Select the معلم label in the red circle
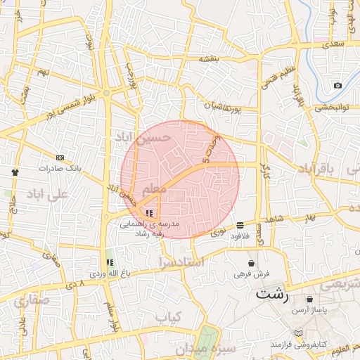(x=154, y=191)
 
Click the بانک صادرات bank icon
(x=60, y=157)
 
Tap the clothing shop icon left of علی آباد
(x=15, y=172)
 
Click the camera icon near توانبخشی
(x=337, y=85)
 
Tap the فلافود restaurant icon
(x=240, y=225)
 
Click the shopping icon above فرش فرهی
(x=251, y=263)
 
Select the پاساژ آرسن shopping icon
(x=290, y=300)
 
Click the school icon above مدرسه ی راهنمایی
(x=148, y=212)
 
